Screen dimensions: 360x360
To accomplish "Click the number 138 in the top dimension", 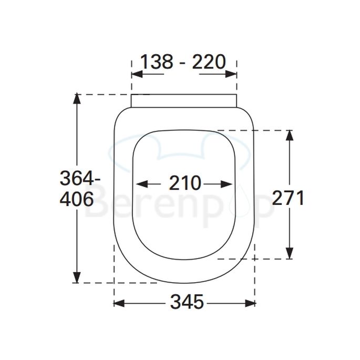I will [156, 62].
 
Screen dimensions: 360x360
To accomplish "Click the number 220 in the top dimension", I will [208, 62].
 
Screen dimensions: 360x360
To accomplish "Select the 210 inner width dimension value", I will [184, 183].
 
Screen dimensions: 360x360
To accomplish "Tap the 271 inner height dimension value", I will [288, 198].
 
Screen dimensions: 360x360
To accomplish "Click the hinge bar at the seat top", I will [183, 100].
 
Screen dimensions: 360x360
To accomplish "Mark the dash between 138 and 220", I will [182, 63].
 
